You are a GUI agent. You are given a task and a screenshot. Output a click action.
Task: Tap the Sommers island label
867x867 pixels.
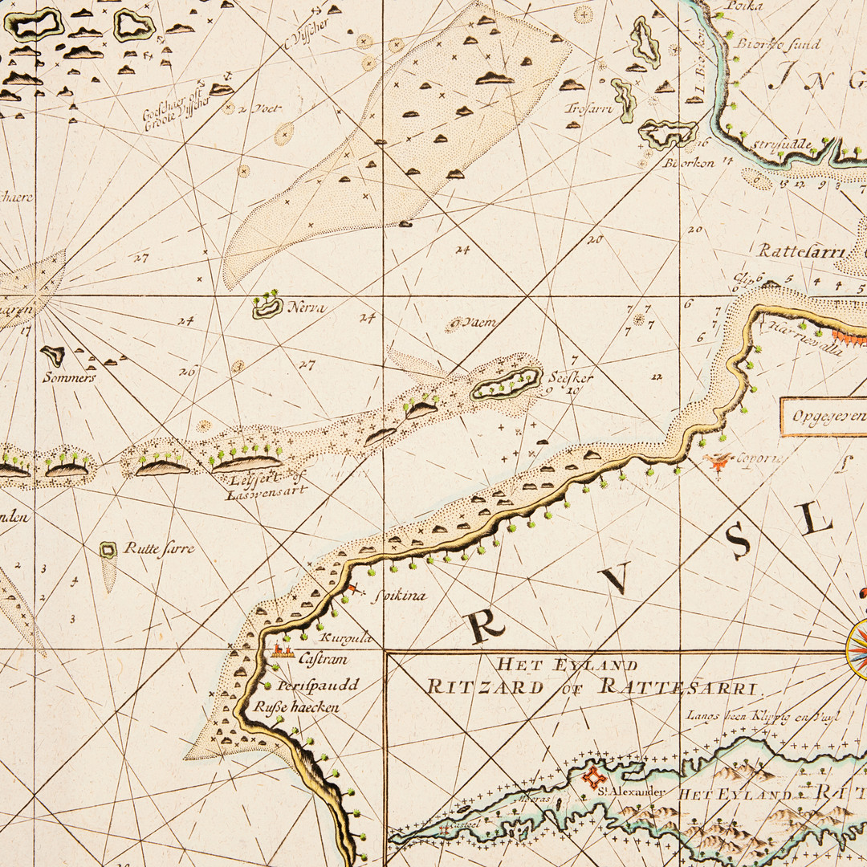click(70, 377)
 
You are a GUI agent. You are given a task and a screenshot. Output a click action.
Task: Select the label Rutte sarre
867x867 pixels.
click(159, 548)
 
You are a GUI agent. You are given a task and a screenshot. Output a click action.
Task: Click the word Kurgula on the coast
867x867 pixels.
click(346, 639)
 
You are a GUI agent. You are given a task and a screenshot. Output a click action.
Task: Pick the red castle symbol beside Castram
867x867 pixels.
click(281, 651)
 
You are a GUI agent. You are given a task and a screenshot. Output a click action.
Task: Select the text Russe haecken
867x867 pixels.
click(296, 707)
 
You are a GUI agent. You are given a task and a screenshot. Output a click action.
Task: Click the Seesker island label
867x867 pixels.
click(571, 377)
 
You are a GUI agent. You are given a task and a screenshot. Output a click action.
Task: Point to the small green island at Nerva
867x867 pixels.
click(267, 306)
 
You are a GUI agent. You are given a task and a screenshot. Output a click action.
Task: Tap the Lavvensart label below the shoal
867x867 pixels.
click(266, 489)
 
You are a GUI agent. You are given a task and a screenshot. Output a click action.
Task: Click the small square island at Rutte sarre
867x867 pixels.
click(108, 549)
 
